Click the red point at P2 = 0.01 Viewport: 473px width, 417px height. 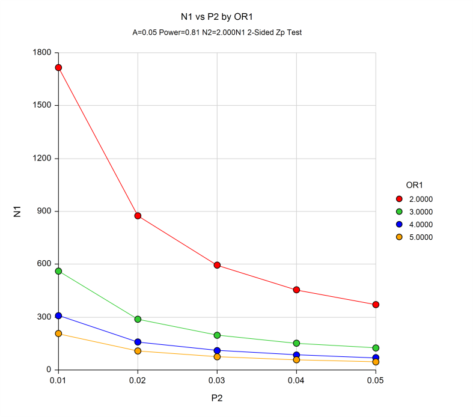tap(58, 67)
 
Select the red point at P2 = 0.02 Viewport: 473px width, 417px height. tap(138, 216)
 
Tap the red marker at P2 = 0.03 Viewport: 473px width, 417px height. tap(217, 265)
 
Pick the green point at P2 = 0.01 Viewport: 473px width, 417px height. tap(58, 271)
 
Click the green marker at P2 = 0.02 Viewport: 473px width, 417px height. tap(138, 319)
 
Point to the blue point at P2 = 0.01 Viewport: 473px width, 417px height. tap(58, 315)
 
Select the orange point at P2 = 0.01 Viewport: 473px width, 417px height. tap(58, 333)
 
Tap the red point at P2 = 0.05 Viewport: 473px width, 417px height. tap(376, 305)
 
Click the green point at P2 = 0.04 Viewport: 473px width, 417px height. tap(296, 343)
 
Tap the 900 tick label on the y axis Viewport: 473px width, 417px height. tap(43, 211)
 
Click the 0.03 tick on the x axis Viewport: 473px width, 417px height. tap(217, 380)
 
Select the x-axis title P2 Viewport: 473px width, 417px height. tap(217, 398)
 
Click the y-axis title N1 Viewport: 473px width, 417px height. tap(17, 211)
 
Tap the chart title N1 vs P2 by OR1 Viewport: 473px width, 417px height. tap(217, 18)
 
